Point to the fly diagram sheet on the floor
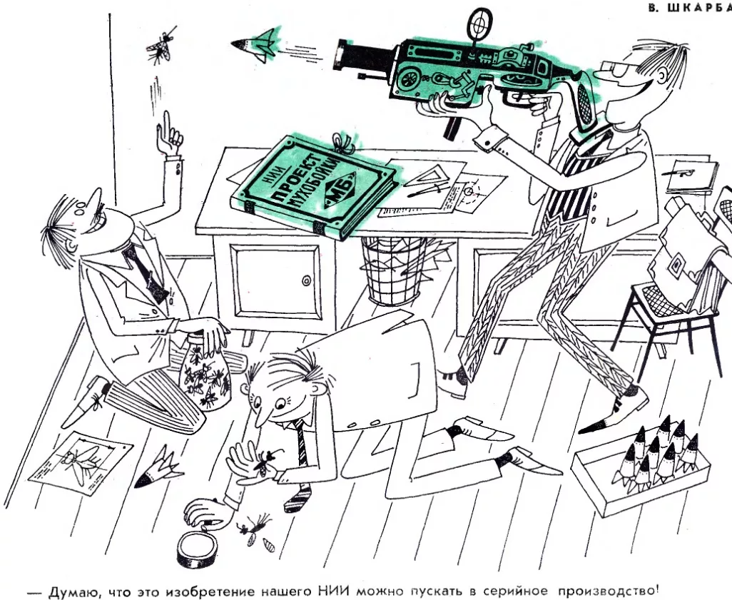coord(81,463)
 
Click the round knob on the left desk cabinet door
coord(306,280)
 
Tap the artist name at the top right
coord(690,9)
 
